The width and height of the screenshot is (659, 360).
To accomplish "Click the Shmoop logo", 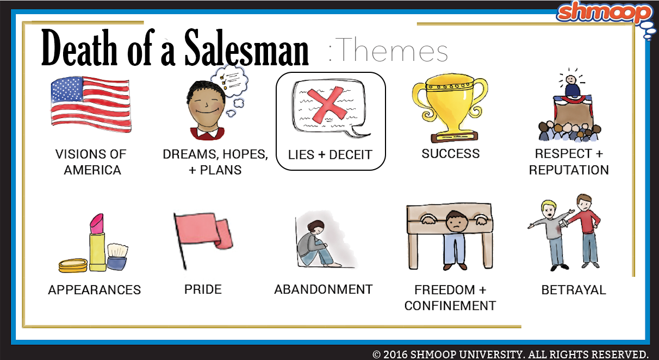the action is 604,13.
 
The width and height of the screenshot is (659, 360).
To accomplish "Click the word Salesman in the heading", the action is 246,48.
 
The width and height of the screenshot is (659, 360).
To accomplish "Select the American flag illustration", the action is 91,104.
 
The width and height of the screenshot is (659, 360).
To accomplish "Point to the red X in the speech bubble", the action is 327,105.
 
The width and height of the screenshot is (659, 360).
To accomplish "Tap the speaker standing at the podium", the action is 571,85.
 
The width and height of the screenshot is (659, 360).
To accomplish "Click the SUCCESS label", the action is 450,154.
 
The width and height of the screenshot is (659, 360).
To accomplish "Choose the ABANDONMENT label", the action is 324,289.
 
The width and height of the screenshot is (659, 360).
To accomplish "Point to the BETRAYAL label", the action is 574,290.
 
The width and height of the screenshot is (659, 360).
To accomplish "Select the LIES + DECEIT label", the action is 330,155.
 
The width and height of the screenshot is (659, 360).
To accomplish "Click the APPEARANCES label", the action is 94,290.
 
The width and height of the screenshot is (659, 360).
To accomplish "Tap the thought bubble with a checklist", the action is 229,80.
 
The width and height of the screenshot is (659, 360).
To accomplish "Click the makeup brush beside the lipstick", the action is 117,256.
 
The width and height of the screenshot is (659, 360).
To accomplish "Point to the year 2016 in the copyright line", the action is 395,354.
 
